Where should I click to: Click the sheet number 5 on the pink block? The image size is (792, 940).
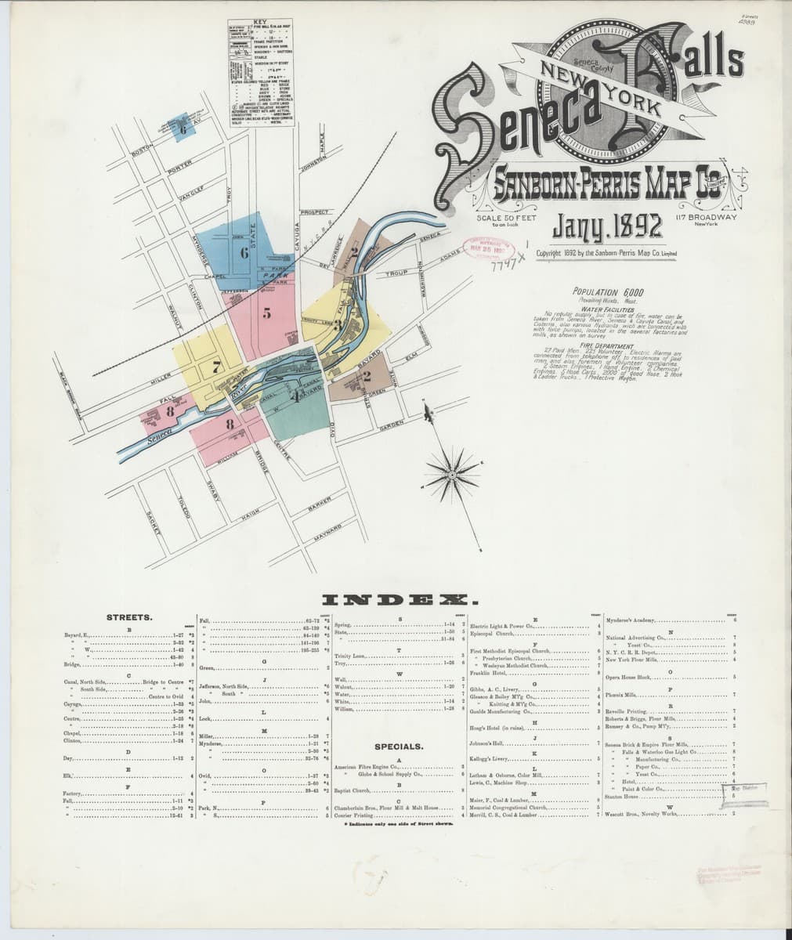(x=266, y=314)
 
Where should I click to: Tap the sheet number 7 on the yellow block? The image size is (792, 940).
(x=217, y=364)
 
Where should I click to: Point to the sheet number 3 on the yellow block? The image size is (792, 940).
(x=337, y=325)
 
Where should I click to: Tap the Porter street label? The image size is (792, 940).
(x=179, y=167)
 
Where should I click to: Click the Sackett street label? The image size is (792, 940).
(x=154, y=522)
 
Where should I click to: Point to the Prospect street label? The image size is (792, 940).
(x=313, y=211)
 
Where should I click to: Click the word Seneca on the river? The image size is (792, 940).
(x=157, y=443)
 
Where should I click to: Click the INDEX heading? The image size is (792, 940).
(x=396, y=601)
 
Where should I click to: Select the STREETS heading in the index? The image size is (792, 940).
(x=124, y=617)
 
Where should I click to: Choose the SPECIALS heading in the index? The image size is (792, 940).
(x=399, y=747)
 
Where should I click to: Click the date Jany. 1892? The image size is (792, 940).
(x=608, y=226)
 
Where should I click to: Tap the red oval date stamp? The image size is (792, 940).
(x=490, y=248)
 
